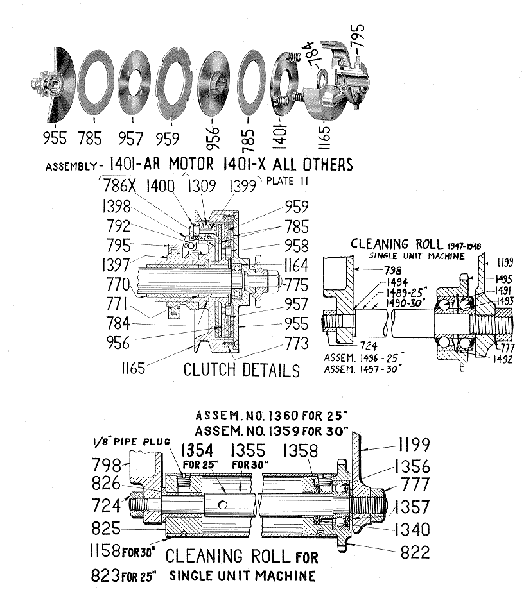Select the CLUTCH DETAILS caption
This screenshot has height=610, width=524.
coord(241,370)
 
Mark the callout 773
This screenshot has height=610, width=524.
coord(295,345)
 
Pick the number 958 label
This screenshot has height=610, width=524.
coord(295,245)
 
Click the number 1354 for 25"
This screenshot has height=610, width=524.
coord(199,450)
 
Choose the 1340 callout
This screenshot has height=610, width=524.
coord(412,529)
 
